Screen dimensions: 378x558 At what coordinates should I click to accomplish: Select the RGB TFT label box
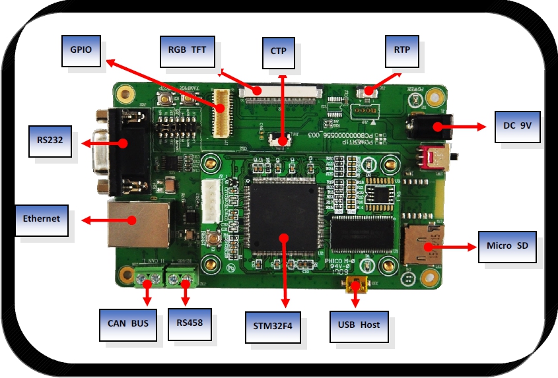(187, 50)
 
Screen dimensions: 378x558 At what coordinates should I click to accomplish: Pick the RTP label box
(402, 50)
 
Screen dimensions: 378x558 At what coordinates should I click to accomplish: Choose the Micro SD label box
(506, 247)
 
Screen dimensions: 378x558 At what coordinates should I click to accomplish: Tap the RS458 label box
(190, 324)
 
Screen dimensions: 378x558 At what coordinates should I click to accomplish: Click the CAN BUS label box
(128, 324)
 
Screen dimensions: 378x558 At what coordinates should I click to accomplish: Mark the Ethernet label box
(42, 219)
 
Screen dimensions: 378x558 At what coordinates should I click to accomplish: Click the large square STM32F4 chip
(283, 218)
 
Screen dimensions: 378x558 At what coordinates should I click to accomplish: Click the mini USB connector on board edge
(357, 286)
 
